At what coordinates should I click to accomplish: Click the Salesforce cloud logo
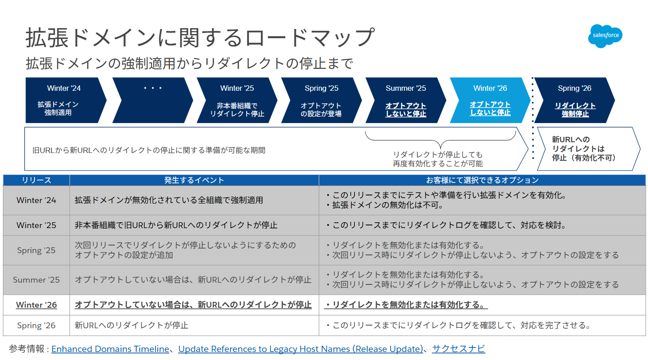pos(605,35)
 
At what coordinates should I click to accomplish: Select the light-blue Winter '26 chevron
pos(489,100)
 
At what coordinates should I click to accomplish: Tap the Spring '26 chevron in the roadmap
pos(574,100)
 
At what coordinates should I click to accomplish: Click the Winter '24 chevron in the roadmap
pos(63,100)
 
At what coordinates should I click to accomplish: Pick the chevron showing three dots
pos(152,100)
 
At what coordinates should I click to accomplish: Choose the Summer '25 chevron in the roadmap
pos(405,100)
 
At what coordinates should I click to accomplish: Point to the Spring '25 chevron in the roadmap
pos(320,100)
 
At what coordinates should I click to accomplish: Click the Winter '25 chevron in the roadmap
pos(236,100)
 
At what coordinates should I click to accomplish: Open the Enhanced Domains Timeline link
pos(110,349)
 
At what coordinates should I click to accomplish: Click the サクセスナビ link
pos(458,349)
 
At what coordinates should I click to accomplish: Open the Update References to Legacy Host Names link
pos(300,349)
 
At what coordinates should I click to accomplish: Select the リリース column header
pos(36,180)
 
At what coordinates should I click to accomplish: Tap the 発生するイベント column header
pos(194,180)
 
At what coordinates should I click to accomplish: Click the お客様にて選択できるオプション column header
pos(482,180)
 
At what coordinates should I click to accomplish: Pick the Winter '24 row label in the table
pos(36,200)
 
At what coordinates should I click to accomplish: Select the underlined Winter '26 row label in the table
pos(36,305)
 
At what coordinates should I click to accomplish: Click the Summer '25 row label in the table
pos(36,280)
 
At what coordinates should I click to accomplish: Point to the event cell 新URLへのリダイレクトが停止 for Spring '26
pos(131,325)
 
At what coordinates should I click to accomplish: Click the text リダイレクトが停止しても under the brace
pos(438,155)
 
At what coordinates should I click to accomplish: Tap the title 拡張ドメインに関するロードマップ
pos(199,38)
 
